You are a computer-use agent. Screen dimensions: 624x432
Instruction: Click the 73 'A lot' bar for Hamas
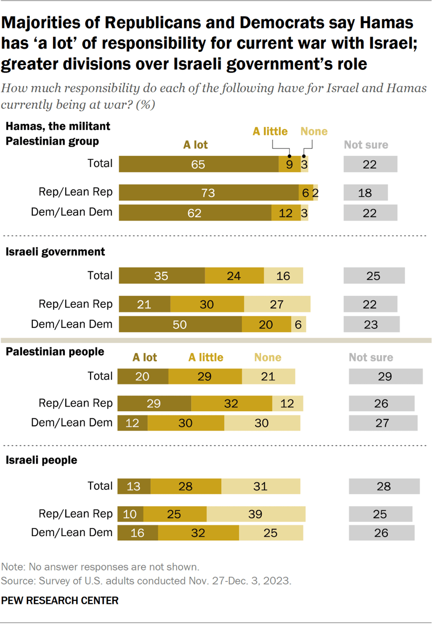point(208,193)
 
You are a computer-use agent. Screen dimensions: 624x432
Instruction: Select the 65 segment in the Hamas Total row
point(199,164)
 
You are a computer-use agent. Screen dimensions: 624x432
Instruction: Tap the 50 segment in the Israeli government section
point(180,324)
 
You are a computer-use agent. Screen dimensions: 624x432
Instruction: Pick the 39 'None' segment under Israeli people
point(256,514)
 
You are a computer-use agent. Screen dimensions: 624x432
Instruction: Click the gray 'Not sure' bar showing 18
point(365,193)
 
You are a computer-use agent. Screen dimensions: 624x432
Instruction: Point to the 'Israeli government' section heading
point(55,252)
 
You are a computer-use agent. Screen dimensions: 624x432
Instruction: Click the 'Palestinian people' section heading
point(55,352)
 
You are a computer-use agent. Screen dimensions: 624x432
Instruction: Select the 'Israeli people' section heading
point(41,460)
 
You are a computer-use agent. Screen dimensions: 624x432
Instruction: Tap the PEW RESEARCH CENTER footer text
point(60,600)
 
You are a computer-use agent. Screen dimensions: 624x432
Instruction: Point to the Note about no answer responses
point(100,567)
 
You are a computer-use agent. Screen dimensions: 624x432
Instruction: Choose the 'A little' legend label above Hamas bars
point(270,131)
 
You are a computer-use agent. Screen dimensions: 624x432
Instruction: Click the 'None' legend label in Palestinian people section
point(268,357)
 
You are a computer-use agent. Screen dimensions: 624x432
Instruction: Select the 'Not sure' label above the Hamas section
point(366,144)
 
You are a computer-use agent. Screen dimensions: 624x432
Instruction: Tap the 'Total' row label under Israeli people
point(100,486)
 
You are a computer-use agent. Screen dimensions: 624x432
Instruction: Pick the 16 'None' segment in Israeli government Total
point(283,276)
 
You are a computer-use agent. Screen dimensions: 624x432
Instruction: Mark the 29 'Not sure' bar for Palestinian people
point(385,376)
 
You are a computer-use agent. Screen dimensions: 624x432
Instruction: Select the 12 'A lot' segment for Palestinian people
point(133,423)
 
